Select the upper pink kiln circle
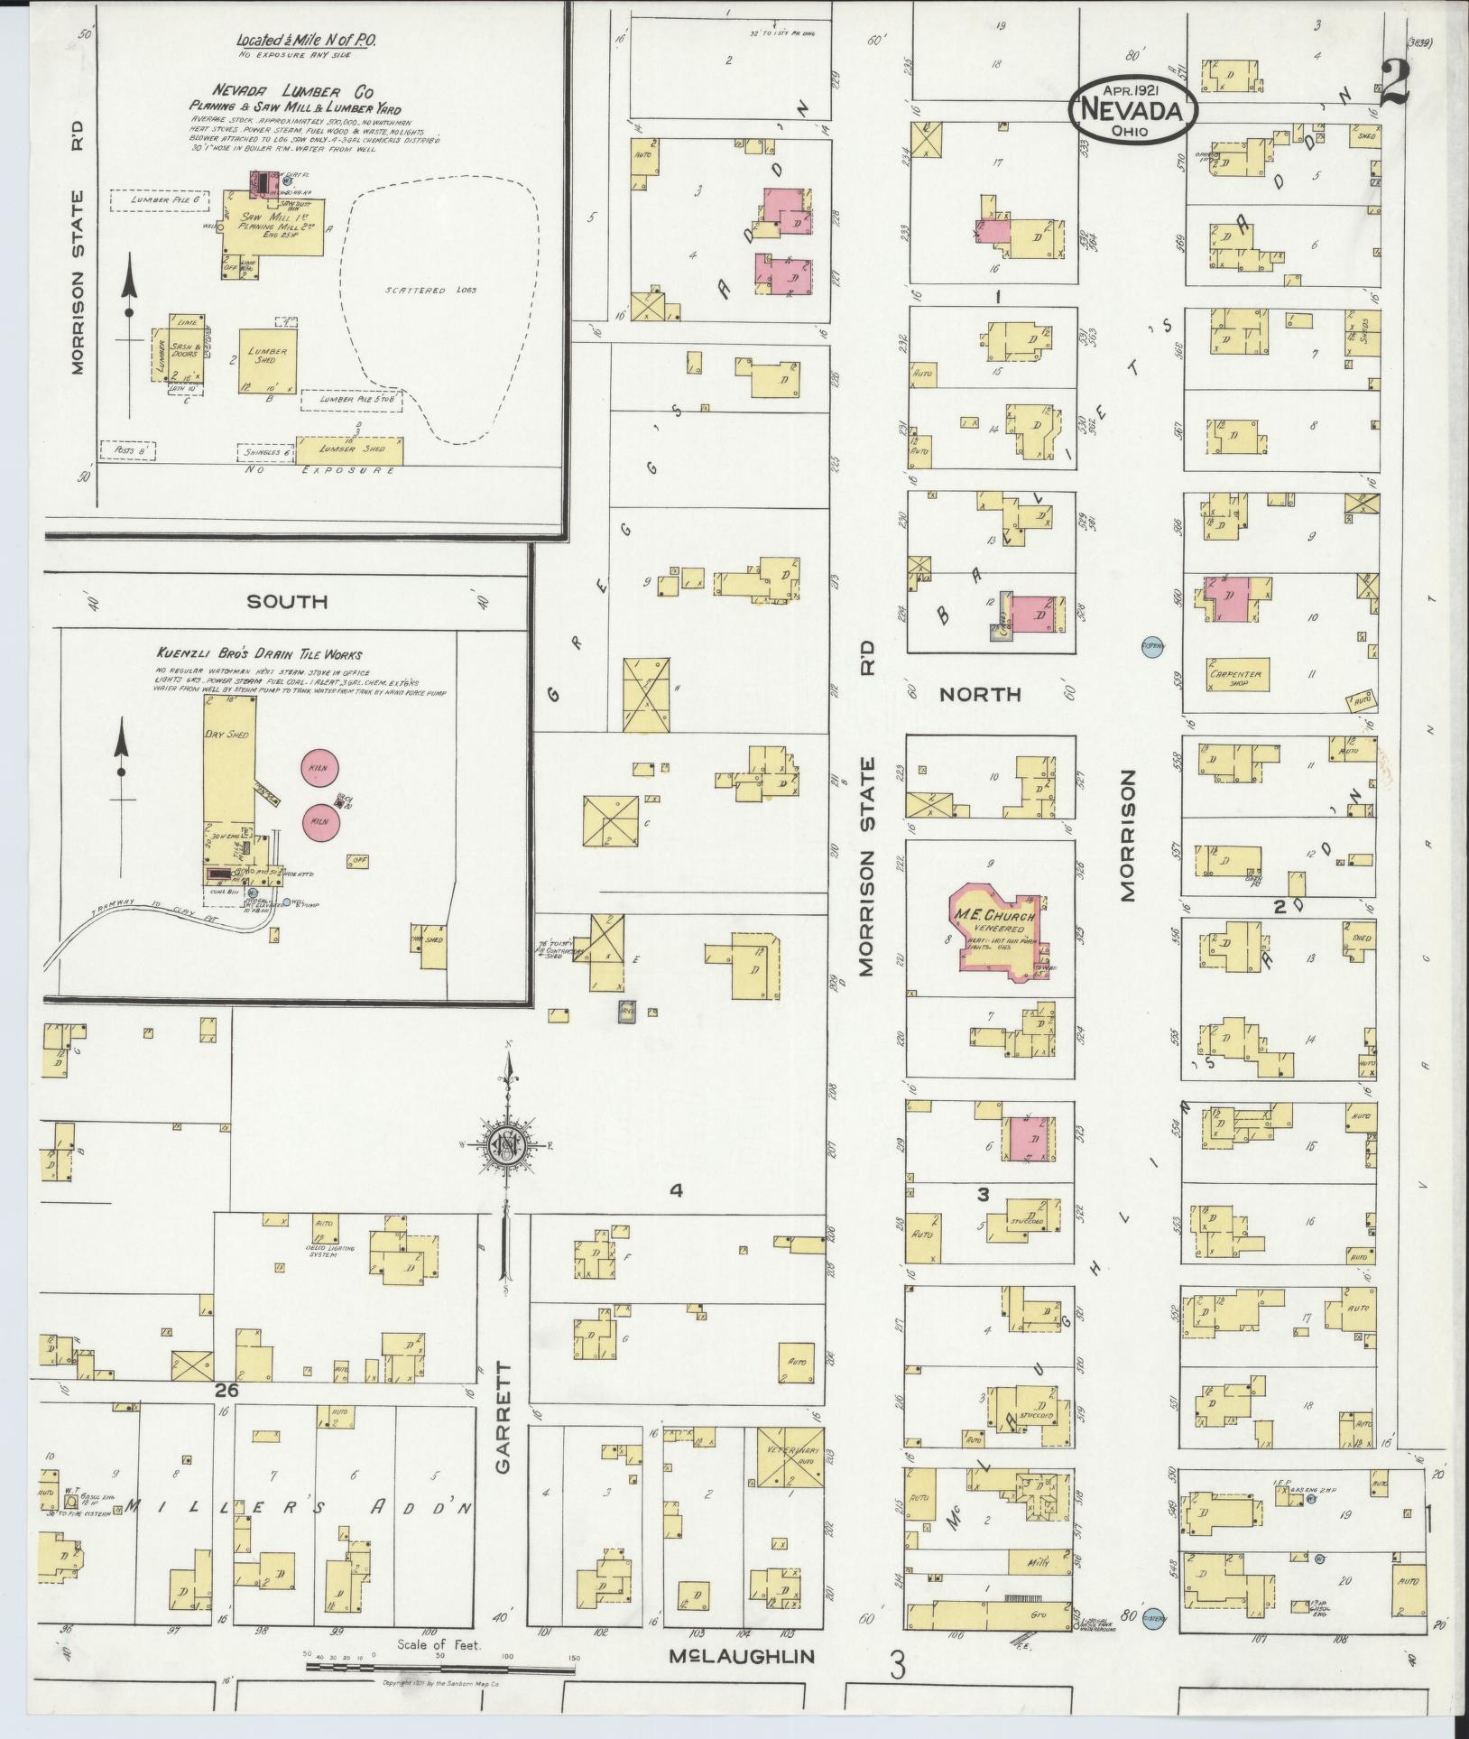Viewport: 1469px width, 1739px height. pos(318,767)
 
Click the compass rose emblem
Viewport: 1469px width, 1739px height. pos(507,1147)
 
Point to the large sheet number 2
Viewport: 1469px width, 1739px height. pos(1393,86)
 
